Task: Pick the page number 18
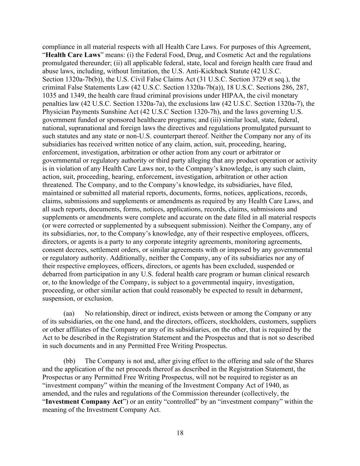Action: (x=180, y=433)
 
